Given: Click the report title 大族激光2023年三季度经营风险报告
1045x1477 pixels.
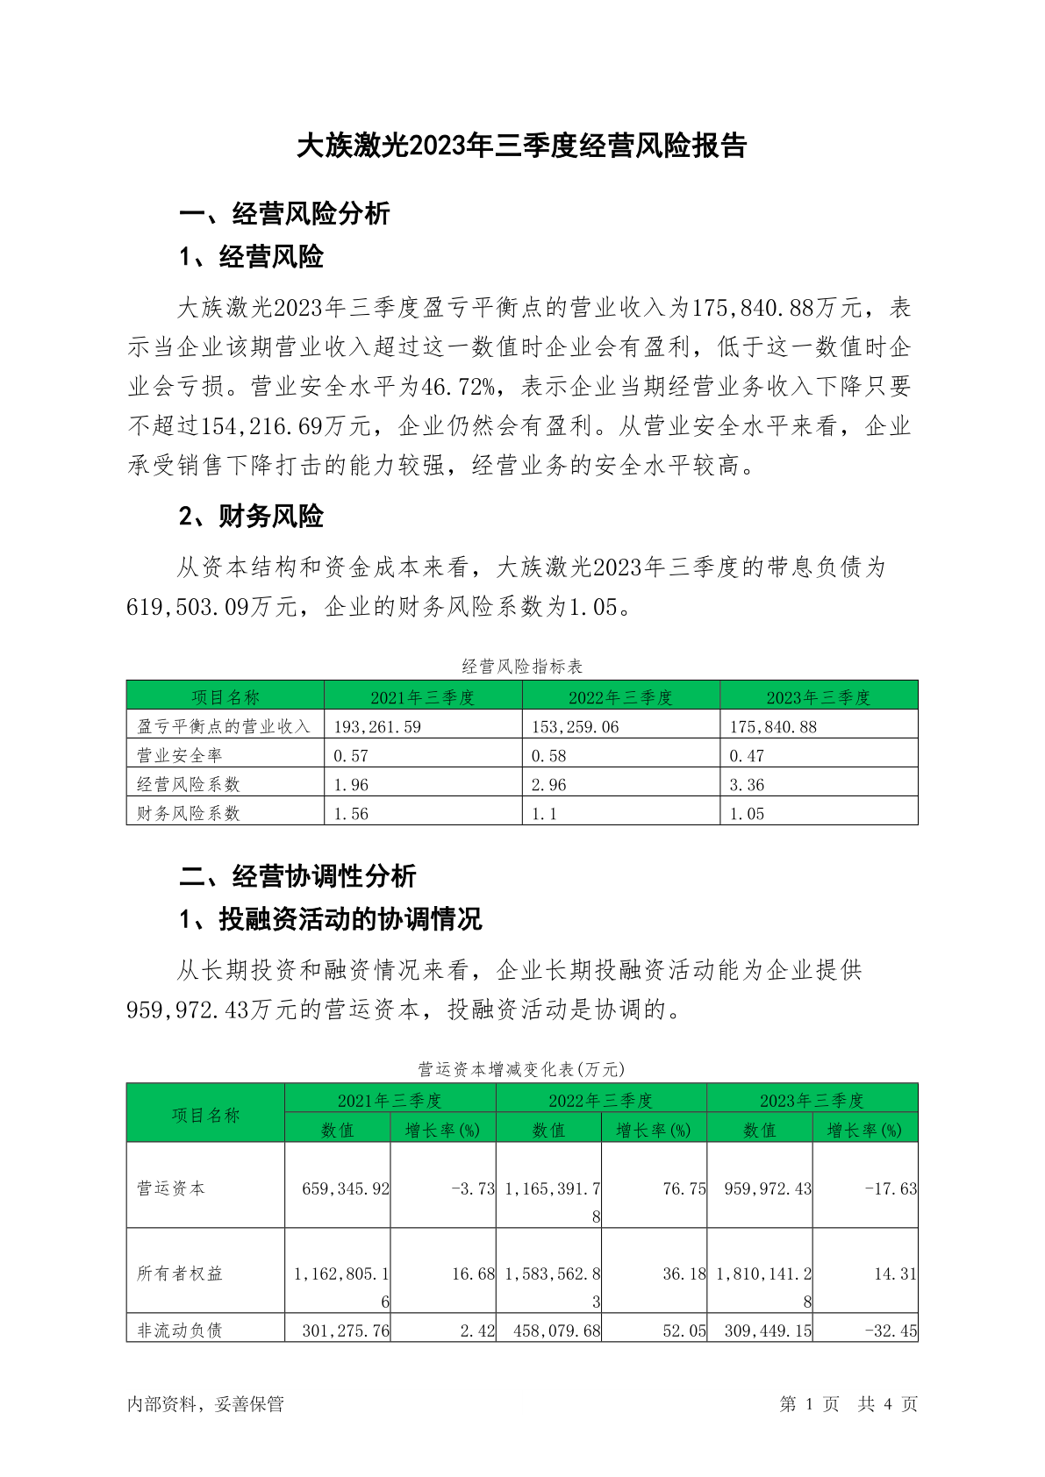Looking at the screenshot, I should tap(521, 146).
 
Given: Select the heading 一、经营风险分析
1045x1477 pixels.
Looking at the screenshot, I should tap(284, 213).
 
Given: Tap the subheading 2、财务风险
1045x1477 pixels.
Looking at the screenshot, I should tap(251, 517).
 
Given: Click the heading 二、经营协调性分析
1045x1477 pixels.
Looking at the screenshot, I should tap(297, 875).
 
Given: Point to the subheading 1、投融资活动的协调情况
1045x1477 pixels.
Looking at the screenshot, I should tap(331, 919).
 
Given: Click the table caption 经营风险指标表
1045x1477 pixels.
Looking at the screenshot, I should tap(522, 667).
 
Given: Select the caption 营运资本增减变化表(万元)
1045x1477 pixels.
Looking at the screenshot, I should tap(521, 1069).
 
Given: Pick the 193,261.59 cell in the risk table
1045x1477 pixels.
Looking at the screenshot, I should tap(377, 726).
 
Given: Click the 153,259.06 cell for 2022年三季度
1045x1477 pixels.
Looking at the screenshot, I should tap(575, 726).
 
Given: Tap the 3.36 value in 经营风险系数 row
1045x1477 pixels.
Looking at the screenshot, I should tap(747, 784).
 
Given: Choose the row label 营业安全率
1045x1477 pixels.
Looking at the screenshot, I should tap(179, 755).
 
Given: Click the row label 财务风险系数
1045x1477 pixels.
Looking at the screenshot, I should tap(188, 813).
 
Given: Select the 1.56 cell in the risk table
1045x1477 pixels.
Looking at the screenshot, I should tap(351, 813).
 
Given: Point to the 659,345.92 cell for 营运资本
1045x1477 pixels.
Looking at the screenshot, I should tap(346, 1188).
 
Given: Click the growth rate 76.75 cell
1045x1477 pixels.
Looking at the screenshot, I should tap(684, 1188).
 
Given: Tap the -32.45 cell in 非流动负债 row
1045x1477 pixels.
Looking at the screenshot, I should tap(891, 1331).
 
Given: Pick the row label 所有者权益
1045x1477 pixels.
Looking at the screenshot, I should tap(179, 1274).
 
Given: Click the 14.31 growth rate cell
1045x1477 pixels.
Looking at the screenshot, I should tap(895, 1274).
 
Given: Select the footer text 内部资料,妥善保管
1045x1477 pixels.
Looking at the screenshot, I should tap(205, 1404).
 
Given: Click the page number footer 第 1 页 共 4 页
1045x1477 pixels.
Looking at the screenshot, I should tap(848, 1404).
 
